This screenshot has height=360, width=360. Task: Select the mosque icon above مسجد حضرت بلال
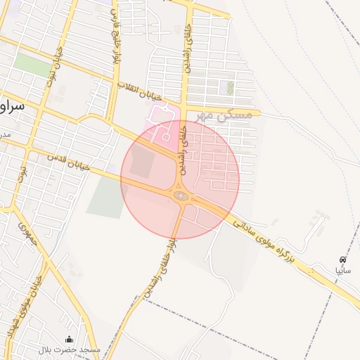coord(69,339)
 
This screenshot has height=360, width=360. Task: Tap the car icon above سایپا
coord(342,259)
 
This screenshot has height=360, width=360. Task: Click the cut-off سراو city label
coord(13,106)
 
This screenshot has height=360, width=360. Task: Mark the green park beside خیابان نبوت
coord(32,65)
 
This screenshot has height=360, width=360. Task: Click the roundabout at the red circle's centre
coord(180,195)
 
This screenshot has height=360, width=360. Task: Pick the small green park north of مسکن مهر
coord(229,88)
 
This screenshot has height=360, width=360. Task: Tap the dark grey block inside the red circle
coord(141,162)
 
